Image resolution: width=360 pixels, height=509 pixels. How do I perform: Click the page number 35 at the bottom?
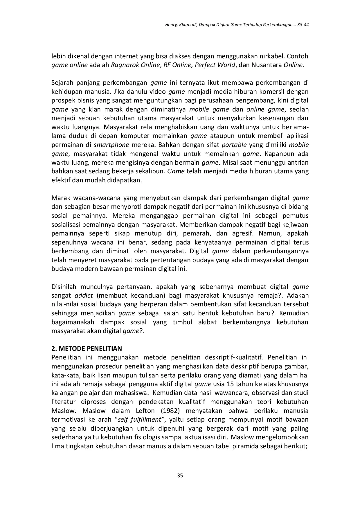pos(180,476)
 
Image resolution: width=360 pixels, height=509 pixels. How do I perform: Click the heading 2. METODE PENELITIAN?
pos(87,348)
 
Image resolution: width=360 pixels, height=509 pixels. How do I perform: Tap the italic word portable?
pos(234,145)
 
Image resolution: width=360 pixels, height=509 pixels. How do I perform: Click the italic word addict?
pos(84,296)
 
